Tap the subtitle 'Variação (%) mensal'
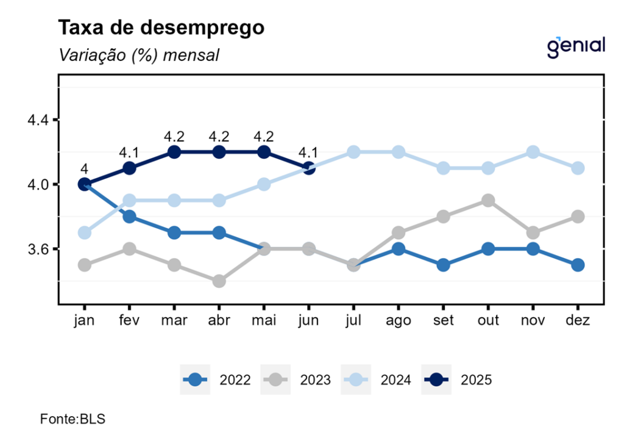[138, 56]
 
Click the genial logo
[576, 47]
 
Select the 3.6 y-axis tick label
[38, 249]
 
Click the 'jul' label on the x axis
[353, 320]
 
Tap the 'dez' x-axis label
[578, 320]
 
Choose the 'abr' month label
[219, 320]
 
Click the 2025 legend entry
[457, 379]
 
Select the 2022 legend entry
[216, 379]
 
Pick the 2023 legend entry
[297, 379]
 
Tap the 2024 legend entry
[377, 379]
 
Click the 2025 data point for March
[174, 152]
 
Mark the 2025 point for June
[308, 168]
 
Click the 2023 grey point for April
[219, 281]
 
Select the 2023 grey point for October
[488, 201]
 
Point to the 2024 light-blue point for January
[84, 233]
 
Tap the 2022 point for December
[578, 265]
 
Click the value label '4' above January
[84, 169]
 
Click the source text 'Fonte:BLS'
[73, 419]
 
